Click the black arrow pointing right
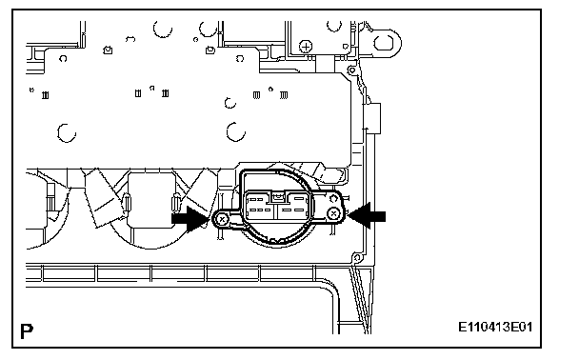[190, 219]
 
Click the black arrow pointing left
[367, 216]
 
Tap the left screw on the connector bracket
[222, 220]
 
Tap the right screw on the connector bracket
[333, 213]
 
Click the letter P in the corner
[27, 331]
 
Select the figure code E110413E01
[495, 327]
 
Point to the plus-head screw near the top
[306, 47]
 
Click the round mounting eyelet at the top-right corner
[385, 43]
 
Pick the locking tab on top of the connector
[278, 197]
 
